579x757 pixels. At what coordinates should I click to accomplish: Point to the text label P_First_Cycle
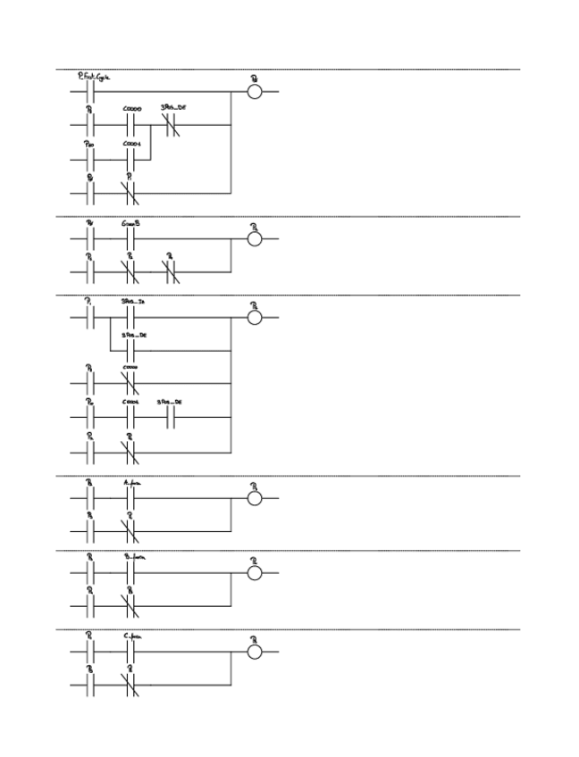[93, 79]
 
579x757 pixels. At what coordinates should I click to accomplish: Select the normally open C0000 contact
[130, 125]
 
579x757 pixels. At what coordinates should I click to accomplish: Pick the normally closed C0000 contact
[130, 384]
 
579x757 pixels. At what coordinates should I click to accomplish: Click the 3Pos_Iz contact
[130, 317]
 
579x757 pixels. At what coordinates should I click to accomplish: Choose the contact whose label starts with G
[130, 239]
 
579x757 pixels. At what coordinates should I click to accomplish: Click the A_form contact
[130, 497]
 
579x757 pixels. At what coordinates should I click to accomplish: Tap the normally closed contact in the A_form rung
[130, 530]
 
